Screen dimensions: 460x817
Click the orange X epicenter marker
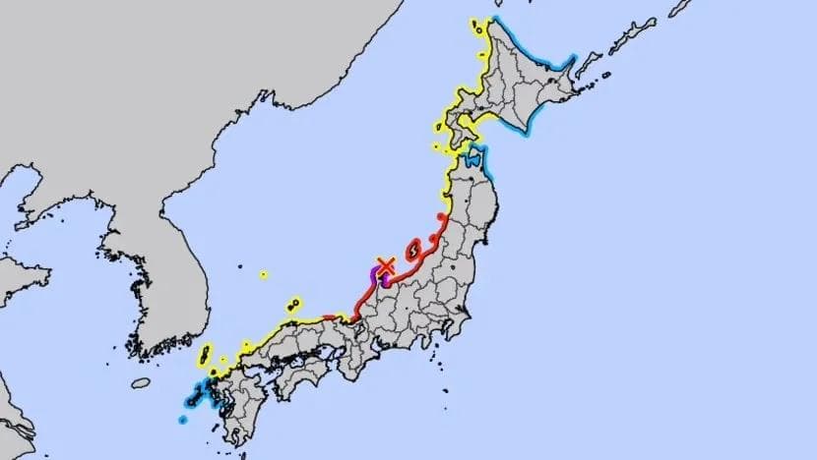(x=386, y=265)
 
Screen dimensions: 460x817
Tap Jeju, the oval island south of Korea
(x=141, y=382)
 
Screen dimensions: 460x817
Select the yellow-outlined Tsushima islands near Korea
(x=205, y=355)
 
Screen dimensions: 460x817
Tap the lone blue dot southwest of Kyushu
(x=183, y=420)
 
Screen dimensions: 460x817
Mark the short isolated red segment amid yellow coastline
(x=329, y=316)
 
